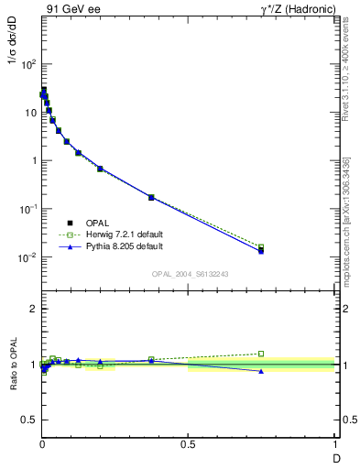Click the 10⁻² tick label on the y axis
pyautogui.click(x=27, y=257)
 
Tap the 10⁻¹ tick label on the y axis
pyautogui.click(x=27, y=209)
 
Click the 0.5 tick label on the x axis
pyautogui.click(x=188, y=443)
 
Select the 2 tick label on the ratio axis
pyautogui.click(x=32, y=309)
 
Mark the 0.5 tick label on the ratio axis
pyautogui.click(x=29, y=420)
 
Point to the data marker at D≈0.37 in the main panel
pyautogui.click(x=151, y=197)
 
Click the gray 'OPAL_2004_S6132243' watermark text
pyautogui.click(x=190, y=274)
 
